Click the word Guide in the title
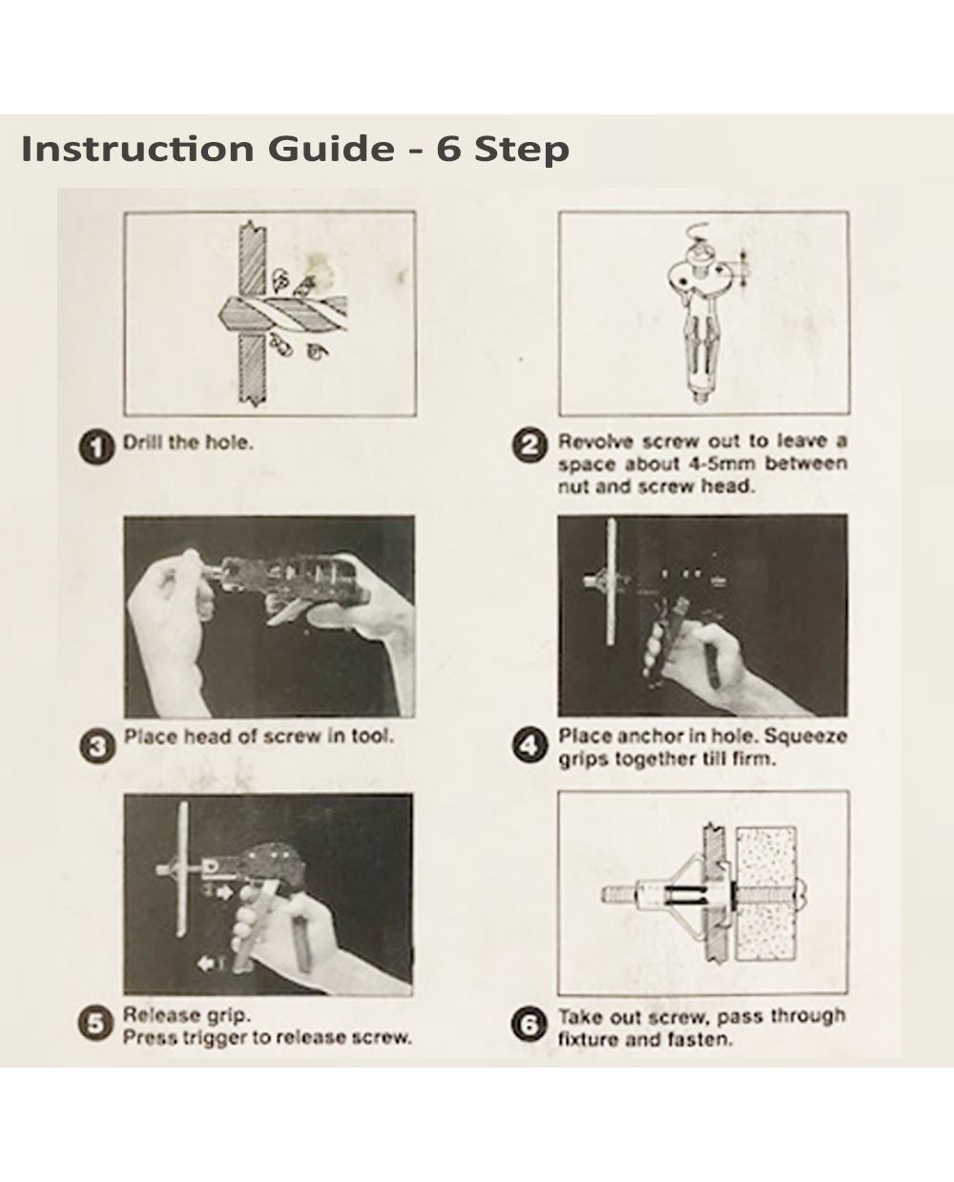[331, 149]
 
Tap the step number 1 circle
[96, 447]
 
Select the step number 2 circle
[529, 445]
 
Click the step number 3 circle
[97, 746]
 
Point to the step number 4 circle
[530, 745]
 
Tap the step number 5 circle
[95, 1023]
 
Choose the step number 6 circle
[529, 1025]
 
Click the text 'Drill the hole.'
[188, 442]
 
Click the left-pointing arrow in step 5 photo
[207, 964]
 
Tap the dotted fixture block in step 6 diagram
[766, 894]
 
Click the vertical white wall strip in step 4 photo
[611, 582]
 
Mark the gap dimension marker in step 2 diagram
[743, 269]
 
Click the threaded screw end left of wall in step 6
[618, 896]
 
